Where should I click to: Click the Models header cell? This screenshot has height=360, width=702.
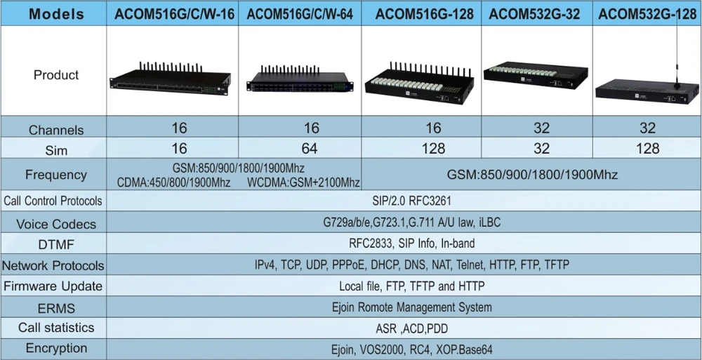(56, 14)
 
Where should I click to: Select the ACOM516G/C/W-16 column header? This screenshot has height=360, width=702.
(174, 14)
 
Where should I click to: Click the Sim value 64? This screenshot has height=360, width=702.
(310, 148)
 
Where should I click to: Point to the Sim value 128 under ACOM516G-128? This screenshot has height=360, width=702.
(433, 148)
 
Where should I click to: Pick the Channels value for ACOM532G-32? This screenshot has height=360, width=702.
(541, 128)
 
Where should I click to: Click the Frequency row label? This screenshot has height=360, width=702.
(56, 175)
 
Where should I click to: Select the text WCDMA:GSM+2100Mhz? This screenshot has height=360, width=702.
(303, 182)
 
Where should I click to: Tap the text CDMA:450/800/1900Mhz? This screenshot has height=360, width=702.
(173, 182)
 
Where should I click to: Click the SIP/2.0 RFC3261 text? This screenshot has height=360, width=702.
(411, 201)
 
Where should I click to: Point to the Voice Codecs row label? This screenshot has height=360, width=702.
(56, 224)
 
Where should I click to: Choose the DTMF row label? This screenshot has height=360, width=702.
(56, 244)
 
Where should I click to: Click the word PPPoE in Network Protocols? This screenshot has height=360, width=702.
(348, 265)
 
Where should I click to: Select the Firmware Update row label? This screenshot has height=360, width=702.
(53, 286)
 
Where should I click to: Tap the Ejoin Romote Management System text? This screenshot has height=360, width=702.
(412, 307)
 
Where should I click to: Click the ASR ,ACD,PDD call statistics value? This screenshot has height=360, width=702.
(411, 329)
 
